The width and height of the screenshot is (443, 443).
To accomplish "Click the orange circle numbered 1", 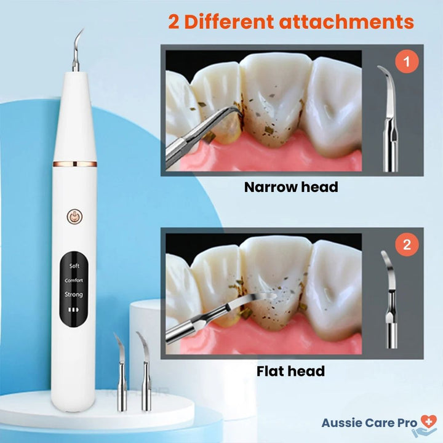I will coord(407,62).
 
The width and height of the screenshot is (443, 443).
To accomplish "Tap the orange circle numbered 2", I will coord(407,245).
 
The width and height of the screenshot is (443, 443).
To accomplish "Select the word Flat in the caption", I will coord(270,371).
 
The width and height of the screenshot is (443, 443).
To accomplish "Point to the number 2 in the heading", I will coord(175,22).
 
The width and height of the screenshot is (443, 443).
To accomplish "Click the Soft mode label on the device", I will coord(74,266).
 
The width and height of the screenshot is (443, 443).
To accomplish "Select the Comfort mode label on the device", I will coord(74,280).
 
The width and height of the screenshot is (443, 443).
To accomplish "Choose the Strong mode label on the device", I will coord(74,295).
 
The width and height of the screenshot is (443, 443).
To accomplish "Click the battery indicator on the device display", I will coord(74,311).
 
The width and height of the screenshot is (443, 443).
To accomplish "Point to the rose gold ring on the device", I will coord(73,163).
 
